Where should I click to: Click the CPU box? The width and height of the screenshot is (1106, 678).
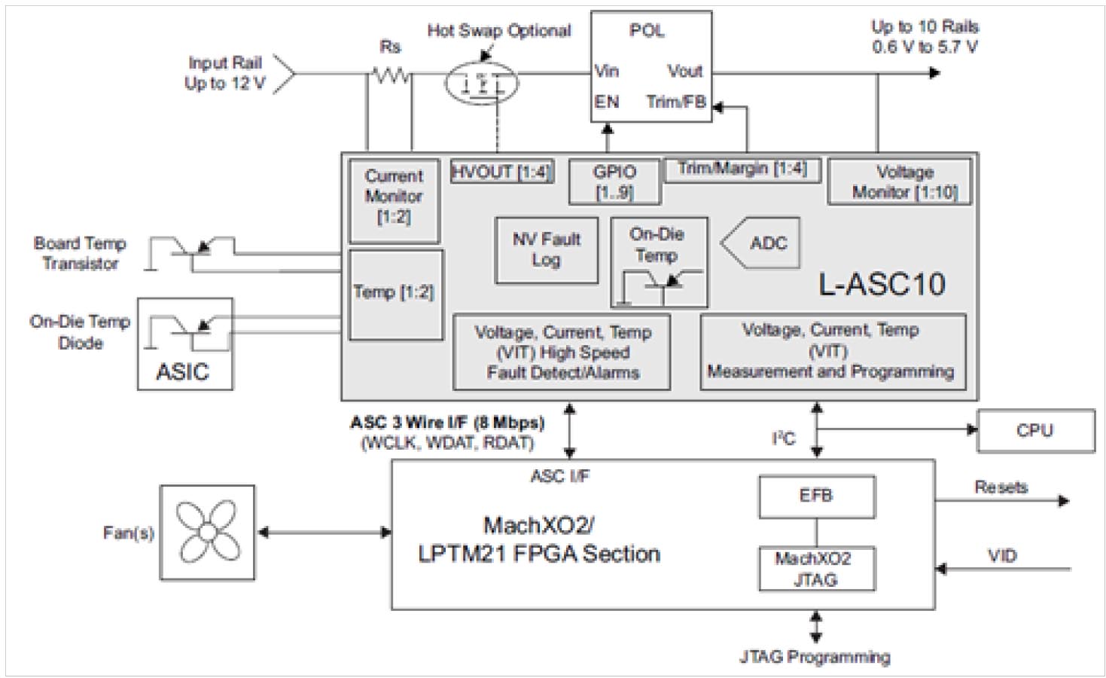(1035, 431)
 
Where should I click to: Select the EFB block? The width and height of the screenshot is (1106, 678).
(816, 496)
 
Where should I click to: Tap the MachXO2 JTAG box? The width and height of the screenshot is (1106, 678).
(816, 569)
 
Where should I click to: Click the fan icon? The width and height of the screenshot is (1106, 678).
(207, 532)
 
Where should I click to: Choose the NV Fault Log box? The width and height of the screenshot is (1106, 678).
(547, 250)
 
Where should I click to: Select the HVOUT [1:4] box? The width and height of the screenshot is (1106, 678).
(501, 172)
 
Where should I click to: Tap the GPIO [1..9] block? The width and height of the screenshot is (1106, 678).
(614, 182)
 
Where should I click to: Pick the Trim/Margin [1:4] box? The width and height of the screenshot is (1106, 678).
(742, 169)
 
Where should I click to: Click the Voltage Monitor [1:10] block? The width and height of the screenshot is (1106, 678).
(899, 182)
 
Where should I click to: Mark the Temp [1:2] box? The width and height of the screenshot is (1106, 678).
(395, 294)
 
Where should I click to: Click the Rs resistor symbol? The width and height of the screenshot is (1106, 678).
(391, 75)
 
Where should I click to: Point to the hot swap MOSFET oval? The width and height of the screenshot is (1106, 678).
(481, 82)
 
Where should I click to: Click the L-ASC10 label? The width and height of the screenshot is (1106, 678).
(882, 284)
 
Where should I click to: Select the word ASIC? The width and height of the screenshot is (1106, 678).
(182, 371)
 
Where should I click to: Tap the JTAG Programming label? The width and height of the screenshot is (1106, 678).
(815, 657)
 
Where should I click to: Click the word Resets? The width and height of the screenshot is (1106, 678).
(1001, 487)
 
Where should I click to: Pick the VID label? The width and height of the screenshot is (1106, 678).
(1002, 556)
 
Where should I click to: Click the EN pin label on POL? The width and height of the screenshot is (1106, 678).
(607, 102)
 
